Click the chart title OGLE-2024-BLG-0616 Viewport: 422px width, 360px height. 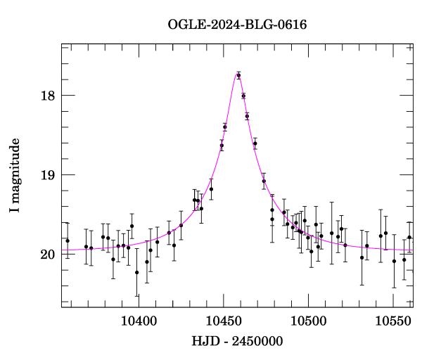(237, 24)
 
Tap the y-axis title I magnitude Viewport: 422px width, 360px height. (15, 176)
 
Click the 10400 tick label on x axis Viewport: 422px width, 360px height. (138, 320)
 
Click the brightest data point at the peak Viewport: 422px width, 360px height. (238, 75)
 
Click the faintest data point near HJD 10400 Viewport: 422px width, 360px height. (136, 273)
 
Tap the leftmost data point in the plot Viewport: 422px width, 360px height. (68, 240)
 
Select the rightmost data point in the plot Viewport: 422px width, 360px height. (409, 238)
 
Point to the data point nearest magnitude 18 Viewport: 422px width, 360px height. (243, 96)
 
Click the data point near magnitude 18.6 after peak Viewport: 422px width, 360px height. (255, 143)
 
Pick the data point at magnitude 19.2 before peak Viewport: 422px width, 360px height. (211, 189)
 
